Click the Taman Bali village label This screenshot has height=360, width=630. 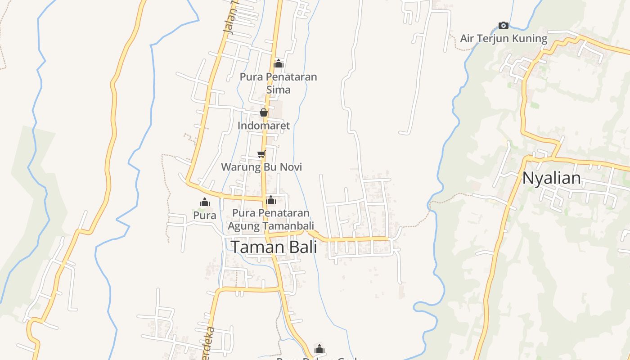coord(274,247)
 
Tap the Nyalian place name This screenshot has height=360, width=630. coord(551,178)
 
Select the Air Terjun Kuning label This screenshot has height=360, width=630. coord(504,39)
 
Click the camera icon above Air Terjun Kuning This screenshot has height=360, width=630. coord(504,25)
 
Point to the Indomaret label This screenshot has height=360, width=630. coord(264,126)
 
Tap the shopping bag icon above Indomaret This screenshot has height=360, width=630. coord(264,112)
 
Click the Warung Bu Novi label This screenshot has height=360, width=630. coord(261,167)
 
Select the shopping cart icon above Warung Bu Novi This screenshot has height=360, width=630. coord(261,154)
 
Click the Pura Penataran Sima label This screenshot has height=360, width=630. coord(278,83)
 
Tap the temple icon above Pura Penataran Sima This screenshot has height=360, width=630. coord(279,63)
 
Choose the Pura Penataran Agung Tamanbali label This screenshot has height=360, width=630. coord(270,219)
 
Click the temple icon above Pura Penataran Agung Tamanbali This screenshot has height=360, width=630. coord(271,200)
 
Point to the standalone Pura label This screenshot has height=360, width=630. coord(205,216)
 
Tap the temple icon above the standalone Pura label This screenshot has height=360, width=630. coord(205,202)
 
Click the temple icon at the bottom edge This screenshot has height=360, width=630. coord(319,349)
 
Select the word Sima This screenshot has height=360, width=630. coord(278,90)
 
